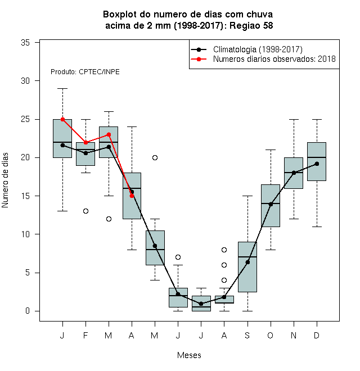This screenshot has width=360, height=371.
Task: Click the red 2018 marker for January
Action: (63, 120)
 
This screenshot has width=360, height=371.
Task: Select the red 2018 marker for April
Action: (132, 196)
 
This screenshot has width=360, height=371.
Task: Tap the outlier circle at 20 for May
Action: (155, 157)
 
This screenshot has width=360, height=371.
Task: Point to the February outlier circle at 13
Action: (85, 211)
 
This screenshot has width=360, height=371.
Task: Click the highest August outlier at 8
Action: (224, 250)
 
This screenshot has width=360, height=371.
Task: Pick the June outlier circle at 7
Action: (178, 257)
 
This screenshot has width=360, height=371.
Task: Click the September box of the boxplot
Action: (247, 267)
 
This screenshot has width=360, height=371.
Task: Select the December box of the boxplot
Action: (317, 161)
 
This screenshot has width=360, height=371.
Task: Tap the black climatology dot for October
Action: (271, 204)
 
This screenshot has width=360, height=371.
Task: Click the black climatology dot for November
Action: (294, 173)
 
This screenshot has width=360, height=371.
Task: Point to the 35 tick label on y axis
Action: (25, 43)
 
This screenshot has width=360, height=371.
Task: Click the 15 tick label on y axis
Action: (25, 196)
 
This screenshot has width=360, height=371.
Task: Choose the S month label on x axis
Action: (247, 336)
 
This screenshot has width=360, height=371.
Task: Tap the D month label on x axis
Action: (317, 336)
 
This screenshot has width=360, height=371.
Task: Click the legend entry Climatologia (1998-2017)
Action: (246, 49)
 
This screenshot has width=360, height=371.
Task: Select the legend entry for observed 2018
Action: (263, 59)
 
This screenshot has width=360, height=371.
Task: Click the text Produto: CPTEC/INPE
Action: (85, 72)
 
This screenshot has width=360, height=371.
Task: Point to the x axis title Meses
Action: (189, 355)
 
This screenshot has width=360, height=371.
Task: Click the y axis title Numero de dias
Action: (5, 180)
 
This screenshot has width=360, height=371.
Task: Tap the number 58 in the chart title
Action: (268, 25)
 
